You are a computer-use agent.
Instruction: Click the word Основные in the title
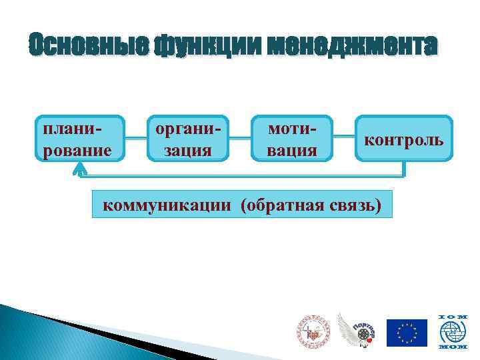[x=88, y=45]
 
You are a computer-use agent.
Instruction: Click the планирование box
[x=79, y=139]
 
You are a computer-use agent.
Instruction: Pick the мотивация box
[x=291, y=139]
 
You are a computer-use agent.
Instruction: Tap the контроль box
[x=404, y=139]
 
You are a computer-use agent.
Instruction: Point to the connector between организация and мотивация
[x=239, y=139]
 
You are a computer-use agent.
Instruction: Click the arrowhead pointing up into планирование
[x=79, y=169]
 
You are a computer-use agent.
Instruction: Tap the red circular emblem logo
[x=313, y=331]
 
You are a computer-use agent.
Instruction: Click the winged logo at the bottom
[x=357, y=330]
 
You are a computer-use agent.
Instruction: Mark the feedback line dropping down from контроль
[x=404, y=169]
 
